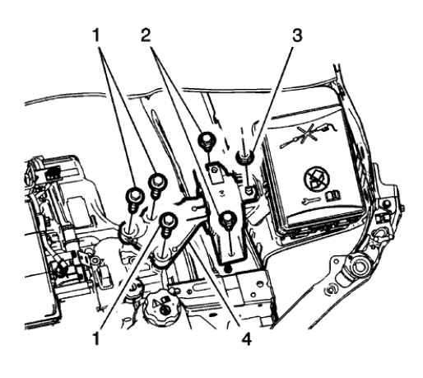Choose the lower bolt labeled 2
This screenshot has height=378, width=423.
228,218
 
